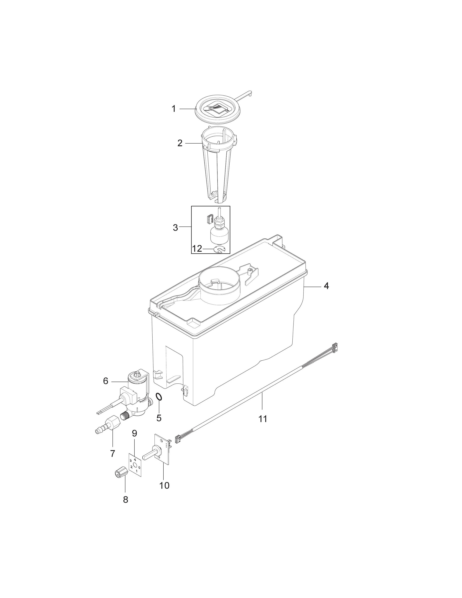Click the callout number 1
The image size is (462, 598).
coord(174,109)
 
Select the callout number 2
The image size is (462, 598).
coord(180,143)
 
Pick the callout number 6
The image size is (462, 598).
coord(106,381)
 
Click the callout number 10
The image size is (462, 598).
coord(164,485)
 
